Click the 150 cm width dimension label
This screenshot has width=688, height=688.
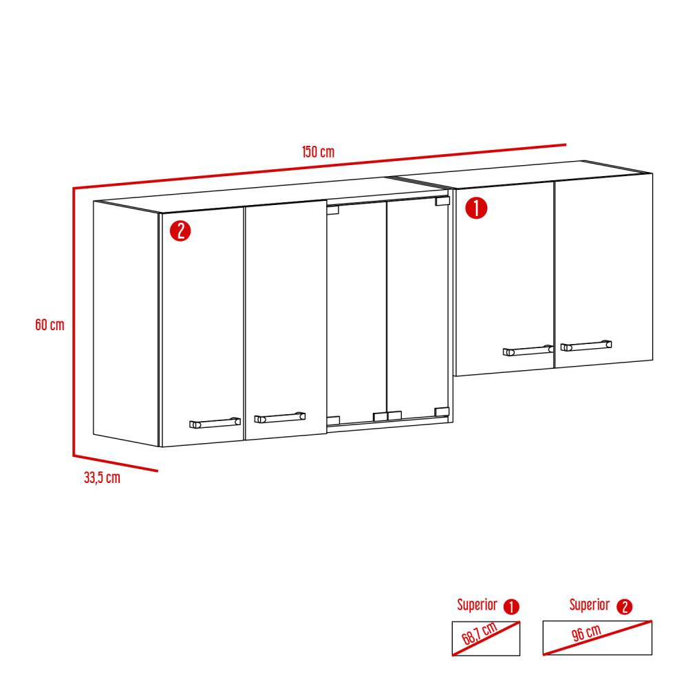pyautogui.click(x=318, y=152)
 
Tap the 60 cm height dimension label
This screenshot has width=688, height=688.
pyautogui.click(x=50, y=324)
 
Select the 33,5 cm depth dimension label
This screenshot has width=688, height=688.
pyautogui.click(x=102, y=478)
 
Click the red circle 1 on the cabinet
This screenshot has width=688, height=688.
pyautogui.click(x=477, y=208)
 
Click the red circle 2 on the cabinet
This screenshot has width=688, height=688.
pyautogui.click(x=180, y=230)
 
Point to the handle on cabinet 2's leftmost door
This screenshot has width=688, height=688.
pyautogui.click(x=215, y=422)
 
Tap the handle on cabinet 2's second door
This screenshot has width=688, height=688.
pyautogui.click(x=280, y=417)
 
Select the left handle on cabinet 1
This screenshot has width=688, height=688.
pyautogui.click(x=528, y=351)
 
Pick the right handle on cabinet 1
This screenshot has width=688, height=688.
pyautogui.click(x=585, y=345)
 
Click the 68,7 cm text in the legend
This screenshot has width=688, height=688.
pyautogui.click(x=481, y=638)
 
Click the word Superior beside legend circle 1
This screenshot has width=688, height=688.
pyautogui.click(x=477, y=605)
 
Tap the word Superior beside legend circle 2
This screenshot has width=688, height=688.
pyautogui.click(x=589, y=605)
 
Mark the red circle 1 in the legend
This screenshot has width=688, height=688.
pyautogui.click(x=511, y=607)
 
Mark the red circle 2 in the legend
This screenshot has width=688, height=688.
pyautogui.click(x=624, y=607)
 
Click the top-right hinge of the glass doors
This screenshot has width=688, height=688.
pyautogui.click(x=442, y=202)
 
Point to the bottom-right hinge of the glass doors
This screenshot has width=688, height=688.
pyautogui.click(x=442, y=411)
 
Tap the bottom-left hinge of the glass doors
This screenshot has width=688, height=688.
pyautogui.click(x=333, y=420)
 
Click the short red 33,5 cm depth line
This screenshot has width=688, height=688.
pyautogui.click(x=116, y=464)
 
